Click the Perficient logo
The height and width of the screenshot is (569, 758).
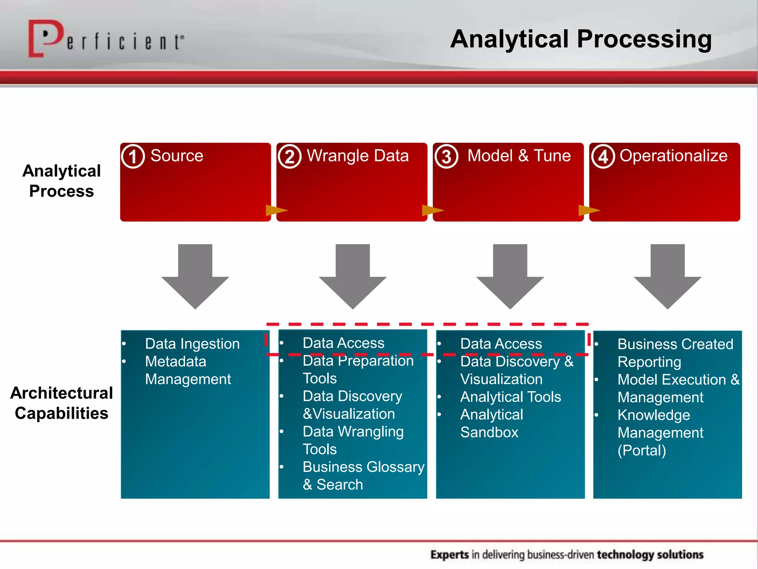[x=105, y=39]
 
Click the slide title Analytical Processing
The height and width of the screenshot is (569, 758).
[x=581, y=39]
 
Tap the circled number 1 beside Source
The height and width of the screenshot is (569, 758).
[x=133, y=157]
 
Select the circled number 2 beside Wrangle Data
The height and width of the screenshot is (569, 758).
[x=290, y=157]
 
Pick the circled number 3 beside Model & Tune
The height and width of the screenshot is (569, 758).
[x=446, y=157]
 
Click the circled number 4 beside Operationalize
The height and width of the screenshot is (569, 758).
[x=603, y=157]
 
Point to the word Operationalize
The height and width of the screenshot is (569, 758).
[x=673, y=156]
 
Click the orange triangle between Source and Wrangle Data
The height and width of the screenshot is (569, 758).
[x=275, y=210]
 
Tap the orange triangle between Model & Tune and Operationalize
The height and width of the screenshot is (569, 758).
[x=588, y=210]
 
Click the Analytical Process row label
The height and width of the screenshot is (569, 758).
[x=61, y=181]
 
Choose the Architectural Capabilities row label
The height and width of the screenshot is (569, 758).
[x=61, y=403]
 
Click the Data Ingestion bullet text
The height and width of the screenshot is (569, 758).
[x=192, y=344]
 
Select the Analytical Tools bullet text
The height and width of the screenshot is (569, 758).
[x=510, y=397]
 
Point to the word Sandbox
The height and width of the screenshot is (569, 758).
[x=489, y=432]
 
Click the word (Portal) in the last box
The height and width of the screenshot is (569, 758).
[x=641, y=450]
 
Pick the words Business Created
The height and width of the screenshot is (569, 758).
[x=675, y=344]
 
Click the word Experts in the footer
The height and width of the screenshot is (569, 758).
[x=450, y=555]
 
